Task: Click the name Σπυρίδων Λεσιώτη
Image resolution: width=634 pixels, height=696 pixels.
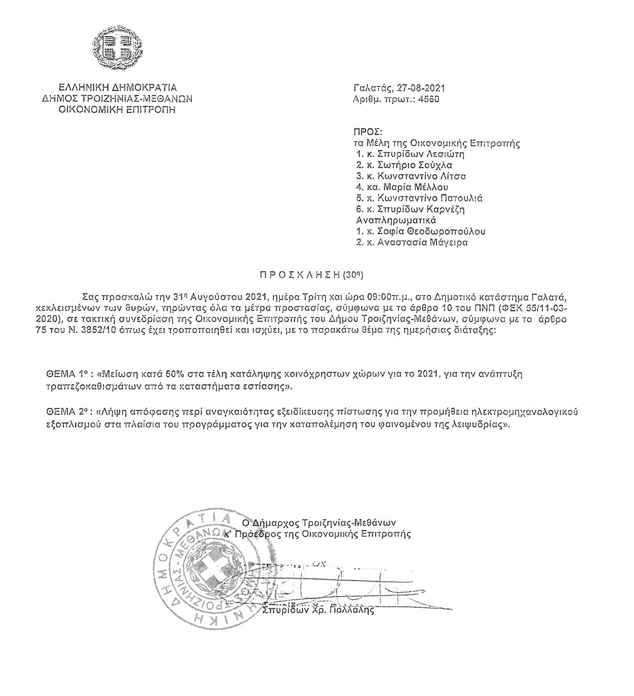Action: [x=423, y=155]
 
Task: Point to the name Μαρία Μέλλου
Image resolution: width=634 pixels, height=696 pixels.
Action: [x=418, y=187]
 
